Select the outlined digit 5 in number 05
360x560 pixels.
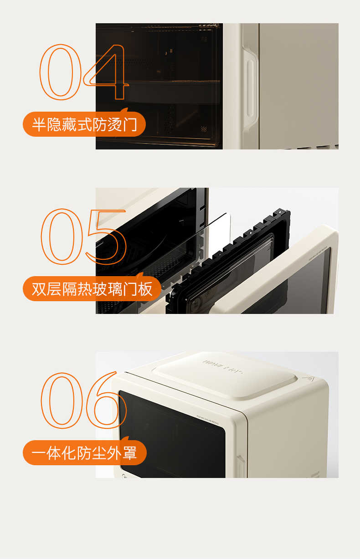click(106, 237)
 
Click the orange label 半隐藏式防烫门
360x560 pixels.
click(84, 124)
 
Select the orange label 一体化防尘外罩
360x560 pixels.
click(84, 452)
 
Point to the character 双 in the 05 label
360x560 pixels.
click(39, 289)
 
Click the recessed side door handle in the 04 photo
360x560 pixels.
click(250, 87)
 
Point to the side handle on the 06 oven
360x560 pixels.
click(240, 465)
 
